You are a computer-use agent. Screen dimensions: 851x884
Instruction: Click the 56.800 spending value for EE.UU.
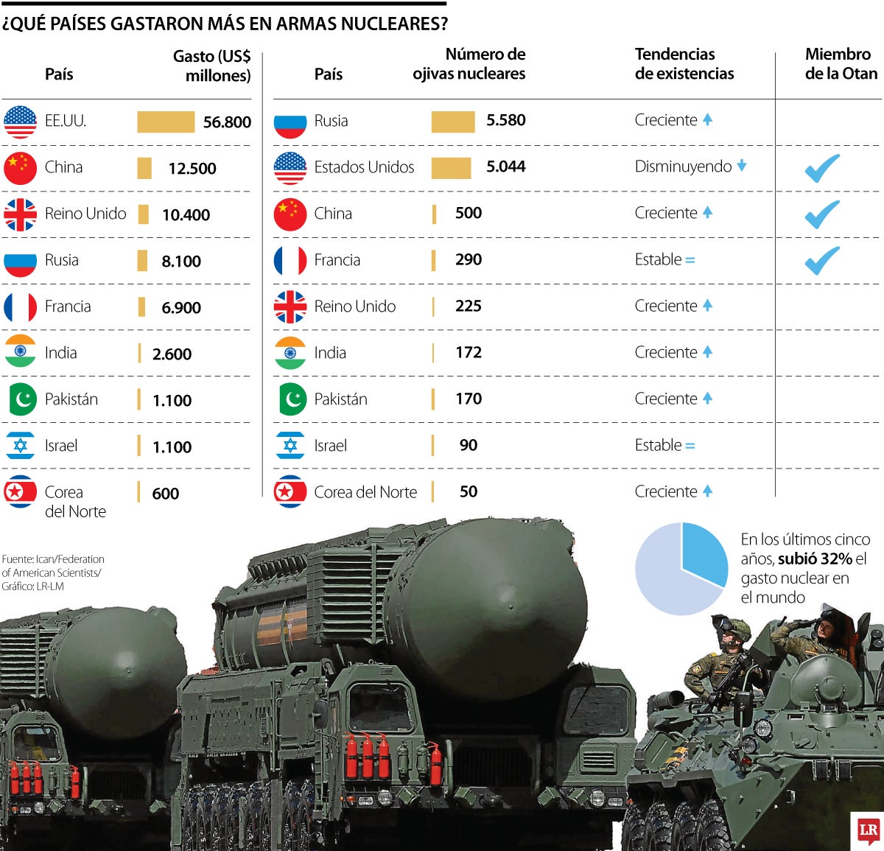click(x=227, y=122)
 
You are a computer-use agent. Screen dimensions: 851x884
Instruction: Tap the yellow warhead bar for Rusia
click(x=452, y=122)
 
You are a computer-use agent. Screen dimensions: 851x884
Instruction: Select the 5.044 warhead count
click(x=505, y=167)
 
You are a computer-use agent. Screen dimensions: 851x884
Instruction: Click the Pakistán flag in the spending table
click(x=20, y=400)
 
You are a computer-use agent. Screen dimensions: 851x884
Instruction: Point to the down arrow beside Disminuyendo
click(x=742, y=166)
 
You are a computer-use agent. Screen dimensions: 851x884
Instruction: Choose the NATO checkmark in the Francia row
click(x=822, y=260)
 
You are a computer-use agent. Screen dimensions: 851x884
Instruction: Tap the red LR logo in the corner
click(x=868, y=832)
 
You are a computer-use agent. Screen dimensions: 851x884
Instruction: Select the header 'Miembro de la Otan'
click(x=841, y=64)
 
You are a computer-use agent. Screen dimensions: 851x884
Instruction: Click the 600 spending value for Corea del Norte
click(x=166, y=494)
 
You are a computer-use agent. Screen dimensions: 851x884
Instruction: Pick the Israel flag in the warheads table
click(x=290, y=446)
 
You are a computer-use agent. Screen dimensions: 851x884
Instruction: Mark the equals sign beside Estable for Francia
click(x=690, y=260)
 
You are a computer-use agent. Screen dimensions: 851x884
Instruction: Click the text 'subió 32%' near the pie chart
click(x=815, y=559)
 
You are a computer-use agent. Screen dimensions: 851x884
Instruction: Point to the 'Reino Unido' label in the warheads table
click(x=354, y=307)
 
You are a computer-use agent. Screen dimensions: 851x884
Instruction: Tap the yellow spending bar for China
click(x=144, y=168)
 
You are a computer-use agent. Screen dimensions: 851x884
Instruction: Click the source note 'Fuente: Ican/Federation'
click(x=53, y=559)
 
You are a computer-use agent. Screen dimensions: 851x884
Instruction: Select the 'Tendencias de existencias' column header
click(x=684, y=64)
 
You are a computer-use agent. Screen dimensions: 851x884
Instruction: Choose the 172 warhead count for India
click(x=468, y=352)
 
